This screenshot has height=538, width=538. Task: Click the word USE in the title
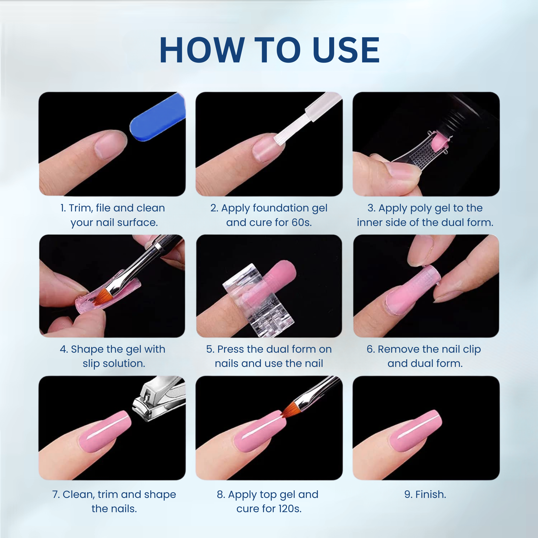coord(346,50)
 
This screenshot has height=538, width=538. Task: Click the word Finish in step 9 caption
coord(430,495)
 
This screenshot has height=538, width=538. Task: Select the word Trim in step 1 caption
coord(81,208)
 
